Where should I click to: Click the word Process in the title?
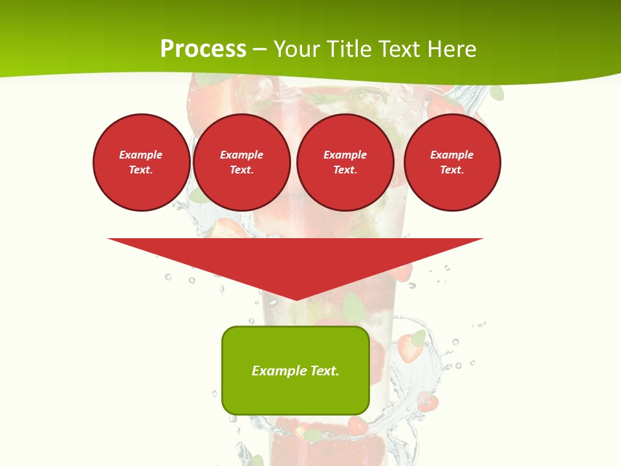coord(203,49)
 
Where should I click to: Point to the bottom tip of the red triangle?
coord(296,299)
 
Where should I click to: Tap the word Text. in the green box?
coord(325,371)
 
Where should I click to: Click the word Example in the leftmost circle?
coord(141,155)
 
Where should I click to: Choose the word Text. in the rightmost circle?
coord(452,170)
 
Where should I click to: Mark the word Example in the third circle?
coord(345,155)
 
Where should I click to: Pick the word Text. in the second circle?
coord(241,170)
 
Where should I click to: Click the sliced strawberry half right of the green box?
coord(409,349)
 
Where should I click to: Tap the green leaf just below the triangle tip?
coord(353,307)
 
